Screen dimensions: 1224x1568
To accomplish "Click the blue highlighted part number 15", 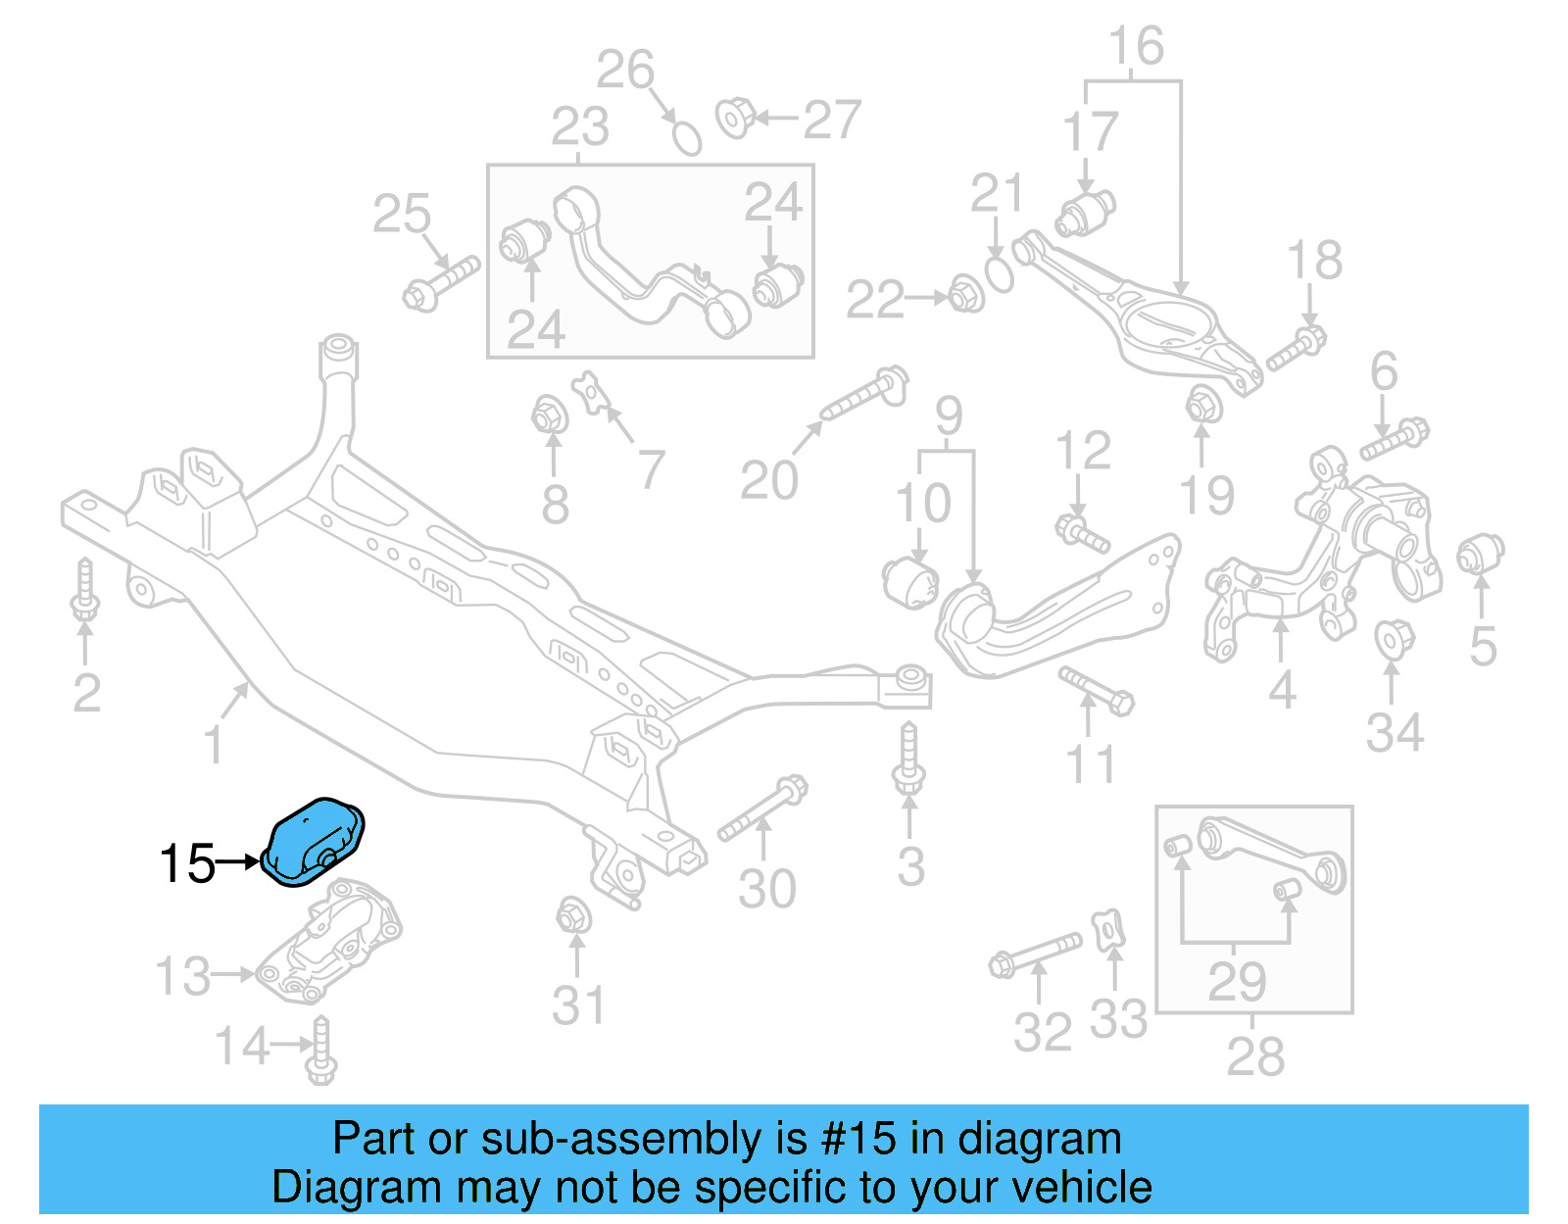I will [x=314, y=841].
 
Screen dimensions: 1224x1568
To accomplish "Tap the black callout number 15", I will [x=186, y=864].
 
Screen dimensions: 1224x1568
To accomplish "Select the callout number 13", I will [x=183, y=976].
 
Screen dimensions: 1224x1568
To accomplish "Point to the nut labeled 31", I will [x=572, y=916].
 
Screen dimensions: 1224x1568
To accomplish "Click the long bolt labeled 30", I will [x=762, y=808].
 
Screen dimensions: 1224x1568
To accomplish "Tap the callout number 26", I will [x=625, y=71].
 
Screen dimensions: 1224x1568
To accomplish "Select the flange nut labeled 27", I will [x=734, y=118].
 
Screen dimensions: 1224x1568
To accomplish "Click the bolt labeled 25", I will [x=440, y=282].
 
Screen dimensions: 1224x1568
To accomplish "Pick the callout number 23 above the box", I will [x=579, y=127].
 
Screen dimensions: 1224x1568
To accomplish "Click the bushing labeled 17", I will [x=1086, y=214].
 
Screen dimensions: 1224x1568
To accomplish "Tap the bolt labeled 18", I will [x=1296, y=349].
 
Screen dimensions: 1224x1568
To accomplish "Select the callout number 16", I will [x=1136, y=47].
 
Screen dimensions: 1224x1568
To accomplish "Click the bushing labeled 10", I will [x=911, y=582].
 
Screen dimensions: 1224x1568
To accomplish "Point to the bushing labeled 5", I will [x=1480, y=554].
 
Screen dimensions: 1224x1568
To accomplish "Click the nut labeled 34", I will [x=1392, y=638].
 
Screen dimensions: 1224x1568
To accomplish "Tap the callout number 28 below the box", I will [x=1254, y=1057].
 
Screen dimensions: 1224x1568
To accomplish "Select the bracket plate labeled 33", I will [x=1108, y=930].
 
